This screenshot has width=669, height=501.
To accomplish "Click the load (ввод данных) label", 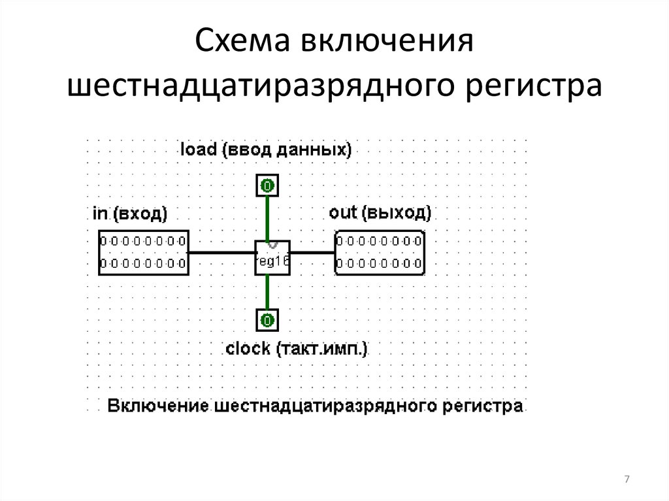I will click(266, 150).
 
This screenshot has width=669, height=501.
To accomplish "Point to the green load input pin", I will click(267, 186).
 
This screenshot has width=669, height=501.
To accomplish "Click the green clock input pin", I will click(267, 320).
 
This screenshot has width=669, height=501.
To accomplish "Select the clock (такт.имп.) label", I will click(297, 349).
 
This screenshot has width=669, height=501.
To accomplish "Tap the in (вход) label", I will click(130, 213).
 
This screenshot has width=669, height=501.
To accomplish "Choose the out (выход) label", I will click(380, 213).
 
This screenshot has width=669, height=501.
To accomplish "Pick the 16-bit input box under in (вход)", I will click(144, 253).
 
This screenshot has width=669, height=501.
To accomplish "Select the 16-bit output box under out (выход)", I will click(380, 253).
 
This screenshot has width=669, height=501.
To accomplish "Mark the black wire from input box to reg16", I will click(221, 253).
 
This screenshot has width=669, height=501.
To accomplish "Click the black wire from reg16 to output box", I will click(312, 253).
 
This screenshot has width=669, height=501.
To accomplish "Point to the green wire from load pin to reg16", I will click(267, 217).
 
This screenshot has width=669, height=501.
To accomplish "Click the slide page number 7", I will click(627, 480).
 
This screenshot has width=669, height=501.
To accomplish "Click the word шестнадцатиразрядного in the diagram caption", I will click(321, 406).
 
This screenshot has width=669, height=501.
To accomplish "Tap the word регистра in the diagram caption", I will click(485, 406).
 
